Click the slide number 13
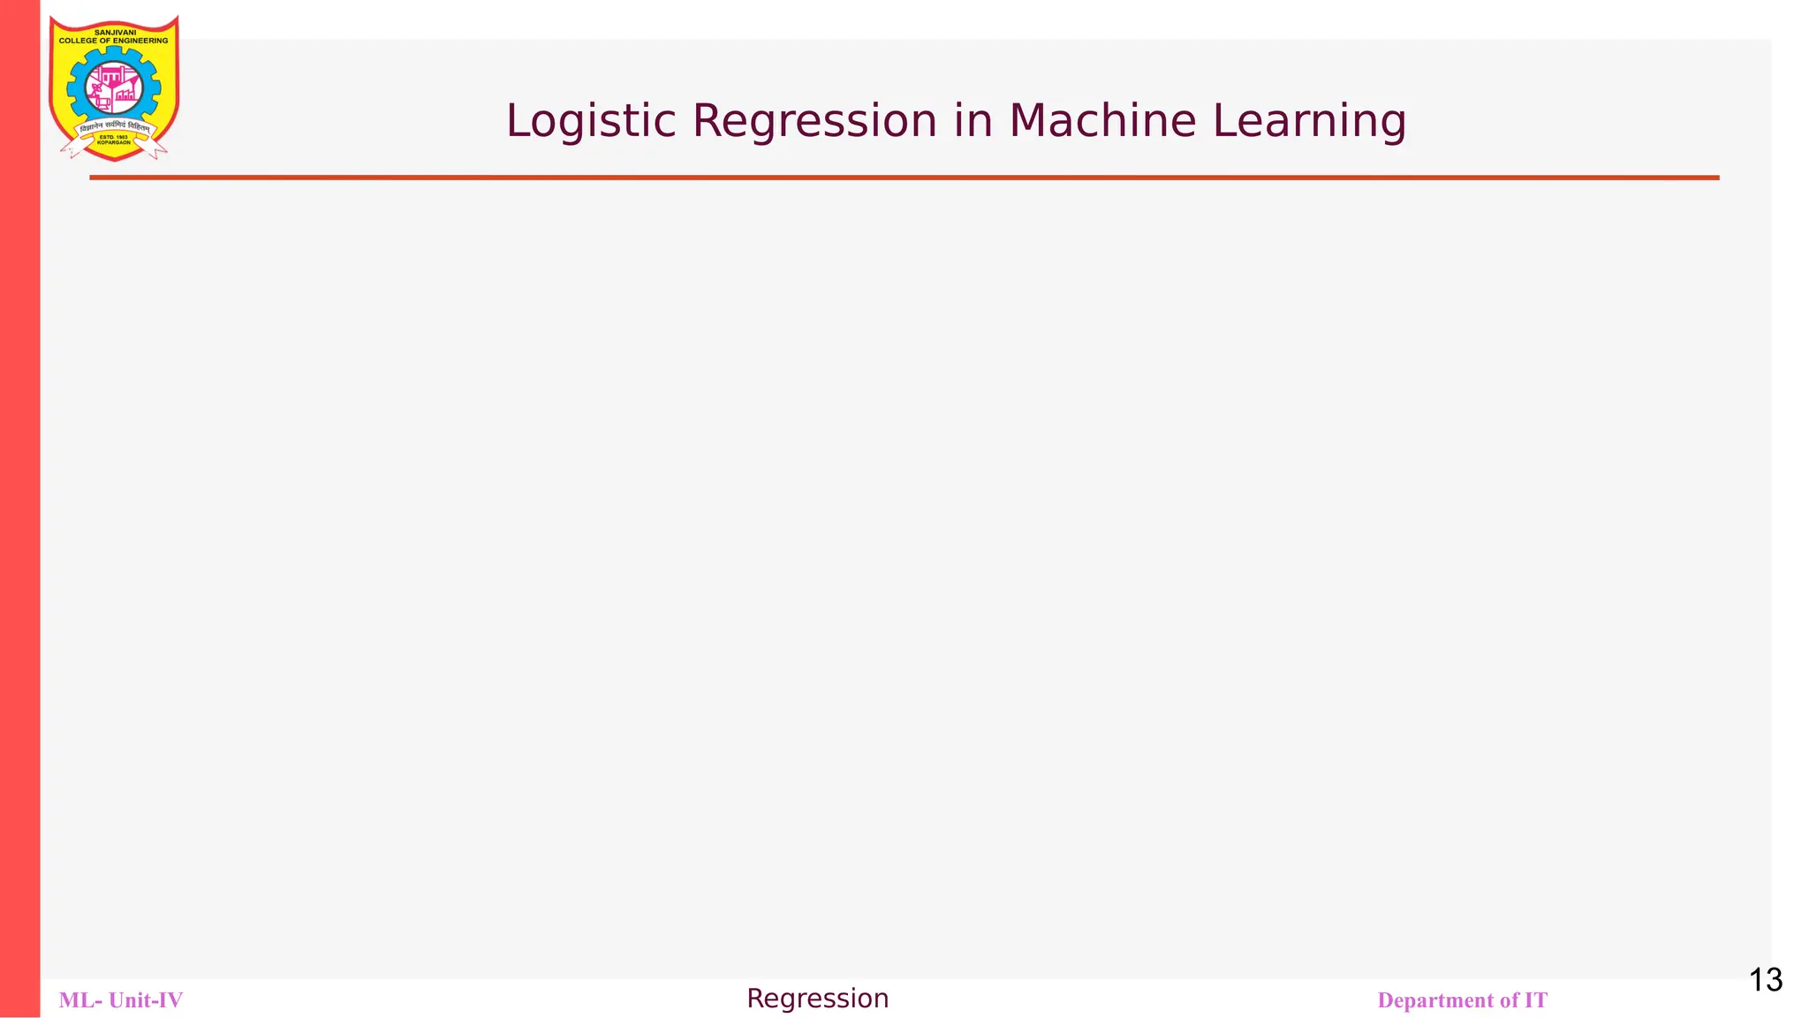point(1765,980)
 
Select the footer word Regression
point(817,999)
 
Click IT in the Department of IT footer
point(1535,1000)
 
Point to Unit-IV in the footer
point(146,1000)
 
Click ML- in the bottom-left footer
point(80,1000)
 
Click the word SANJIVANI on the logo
point(115,32)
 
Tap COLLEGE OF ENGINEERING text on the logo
point(113,41)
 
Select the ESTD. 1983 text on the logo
point(113,137)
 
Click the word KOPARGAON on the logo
point(113,143)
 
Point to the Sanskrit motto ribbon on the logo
point(114,127)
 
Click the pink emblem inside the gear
point(114,87)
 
